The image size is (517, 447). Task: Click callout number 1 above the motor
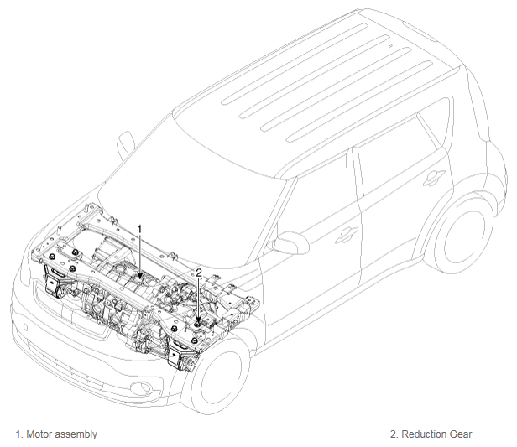pos(139,229)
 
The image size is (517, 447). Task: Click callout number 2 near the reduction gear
pos(199,273)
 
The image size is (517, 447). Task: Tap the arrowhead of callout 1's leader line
pos(140,275)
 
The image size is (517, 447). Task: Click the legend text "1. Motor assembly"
pos(56,434)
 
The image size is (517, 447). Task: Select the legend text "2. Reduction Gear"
pos(431,434)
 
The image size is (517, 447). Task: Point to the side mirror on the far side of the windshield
pos(126,145)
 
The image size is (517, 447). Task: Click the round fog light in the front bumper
pos(143,388)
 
